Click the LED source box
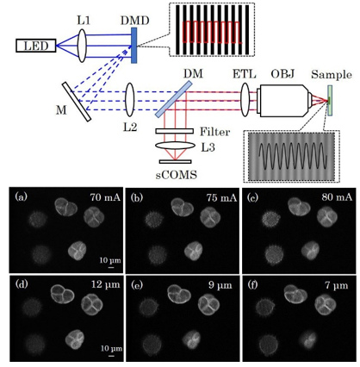35,46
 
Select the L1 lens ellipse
82,46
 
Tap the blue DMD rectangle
134,45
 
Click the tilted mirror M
77,102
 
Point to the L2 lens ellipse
130,100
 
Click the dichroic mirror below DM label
174,98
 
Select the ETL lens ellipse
245,100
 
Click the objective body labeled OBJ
285,101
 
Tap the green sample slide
330,101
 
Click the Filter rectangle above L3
174,131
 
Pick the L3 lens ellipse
174,145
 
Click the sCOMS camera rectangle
175,161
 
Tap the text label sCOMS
177,175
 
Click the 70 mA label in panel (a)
105,197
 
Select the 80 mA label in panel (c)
337,197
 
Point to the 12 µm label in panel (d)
104,284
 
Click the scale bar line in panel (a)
111,268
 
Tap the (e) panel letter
135,284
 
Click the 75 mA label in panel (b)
221,197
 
